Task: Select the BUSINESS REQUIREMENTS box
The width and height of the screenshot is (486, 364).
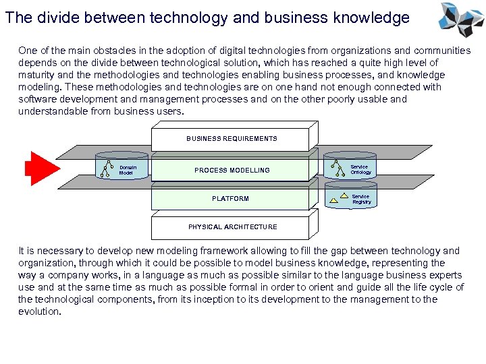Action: (x=232, y=138)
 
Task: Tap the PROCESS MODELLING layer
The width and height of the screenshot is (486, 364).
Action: (x=232, y=171)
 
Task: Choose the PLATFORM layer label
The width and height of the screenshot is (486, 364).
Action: (x=230, y=199)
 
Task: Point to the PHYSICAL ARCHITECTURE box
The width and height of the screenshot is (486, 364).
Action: (x=232, y=227)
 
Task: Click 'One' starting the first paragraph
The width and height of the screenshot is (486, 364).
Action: (x=28, y=51)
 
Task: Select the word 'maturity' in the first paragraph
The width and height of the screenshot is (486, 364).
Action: (x=38, y=75)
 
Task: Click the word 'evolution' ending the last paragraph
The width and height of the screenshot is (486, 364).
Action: (x=38, y=311)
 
